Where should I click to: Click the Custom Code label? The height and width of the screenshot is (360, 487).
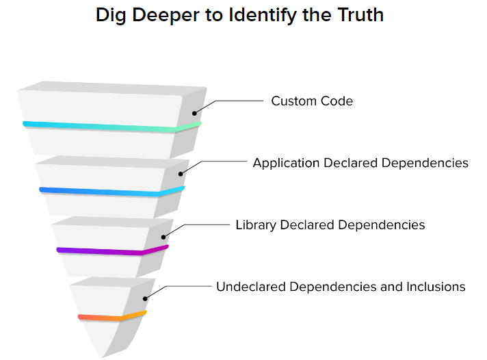click(x=312, y=101)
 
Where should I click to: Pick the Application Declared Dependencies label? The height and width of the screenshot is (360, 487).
click(x=360, y=163)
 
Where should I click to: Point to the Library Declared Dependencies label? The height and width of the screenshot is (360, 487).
click(x=330, y=224)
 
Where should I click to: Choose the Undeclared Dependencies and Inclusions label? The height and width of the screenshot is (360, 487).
click(x=341, y=287)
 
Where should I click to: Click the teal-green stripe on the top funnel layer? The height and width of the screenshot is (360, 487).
click(x=109, y=127)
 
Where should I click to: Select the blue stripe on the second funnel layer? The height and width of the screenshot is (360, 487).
click(x=109, y=192)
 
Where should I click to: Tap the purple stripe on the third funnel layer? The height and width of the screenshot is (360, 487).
click(x=109, y=251)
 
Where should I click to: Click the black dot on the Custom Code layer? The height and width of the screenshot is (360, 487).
click(x=194, y=112)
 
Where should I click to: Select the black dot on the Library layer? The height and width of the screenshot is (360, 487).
click(x=163, y=236)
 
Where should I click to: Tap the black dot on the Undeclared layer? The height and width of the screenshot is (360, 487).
click(x=144, y=298)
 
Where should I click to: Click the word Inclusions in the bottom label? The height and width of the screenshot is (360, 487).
click(x=435, y=287)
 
